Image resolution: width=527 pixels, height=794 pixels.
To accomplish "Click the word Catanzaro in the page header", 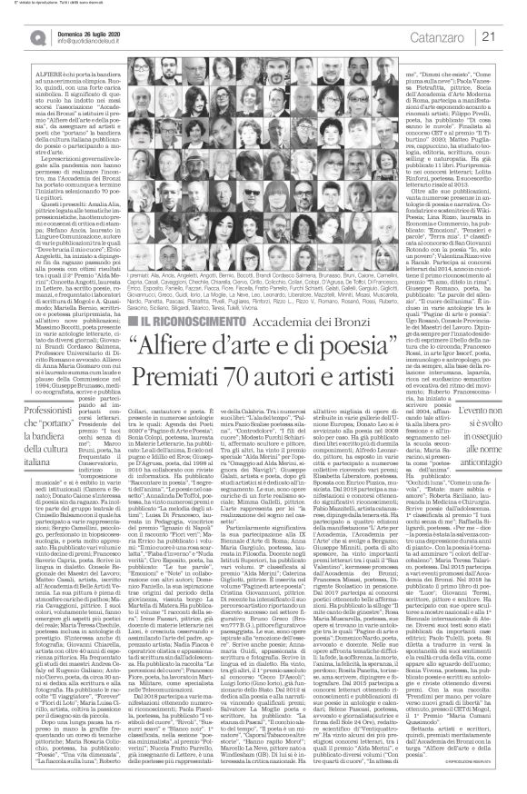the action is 451,35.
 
